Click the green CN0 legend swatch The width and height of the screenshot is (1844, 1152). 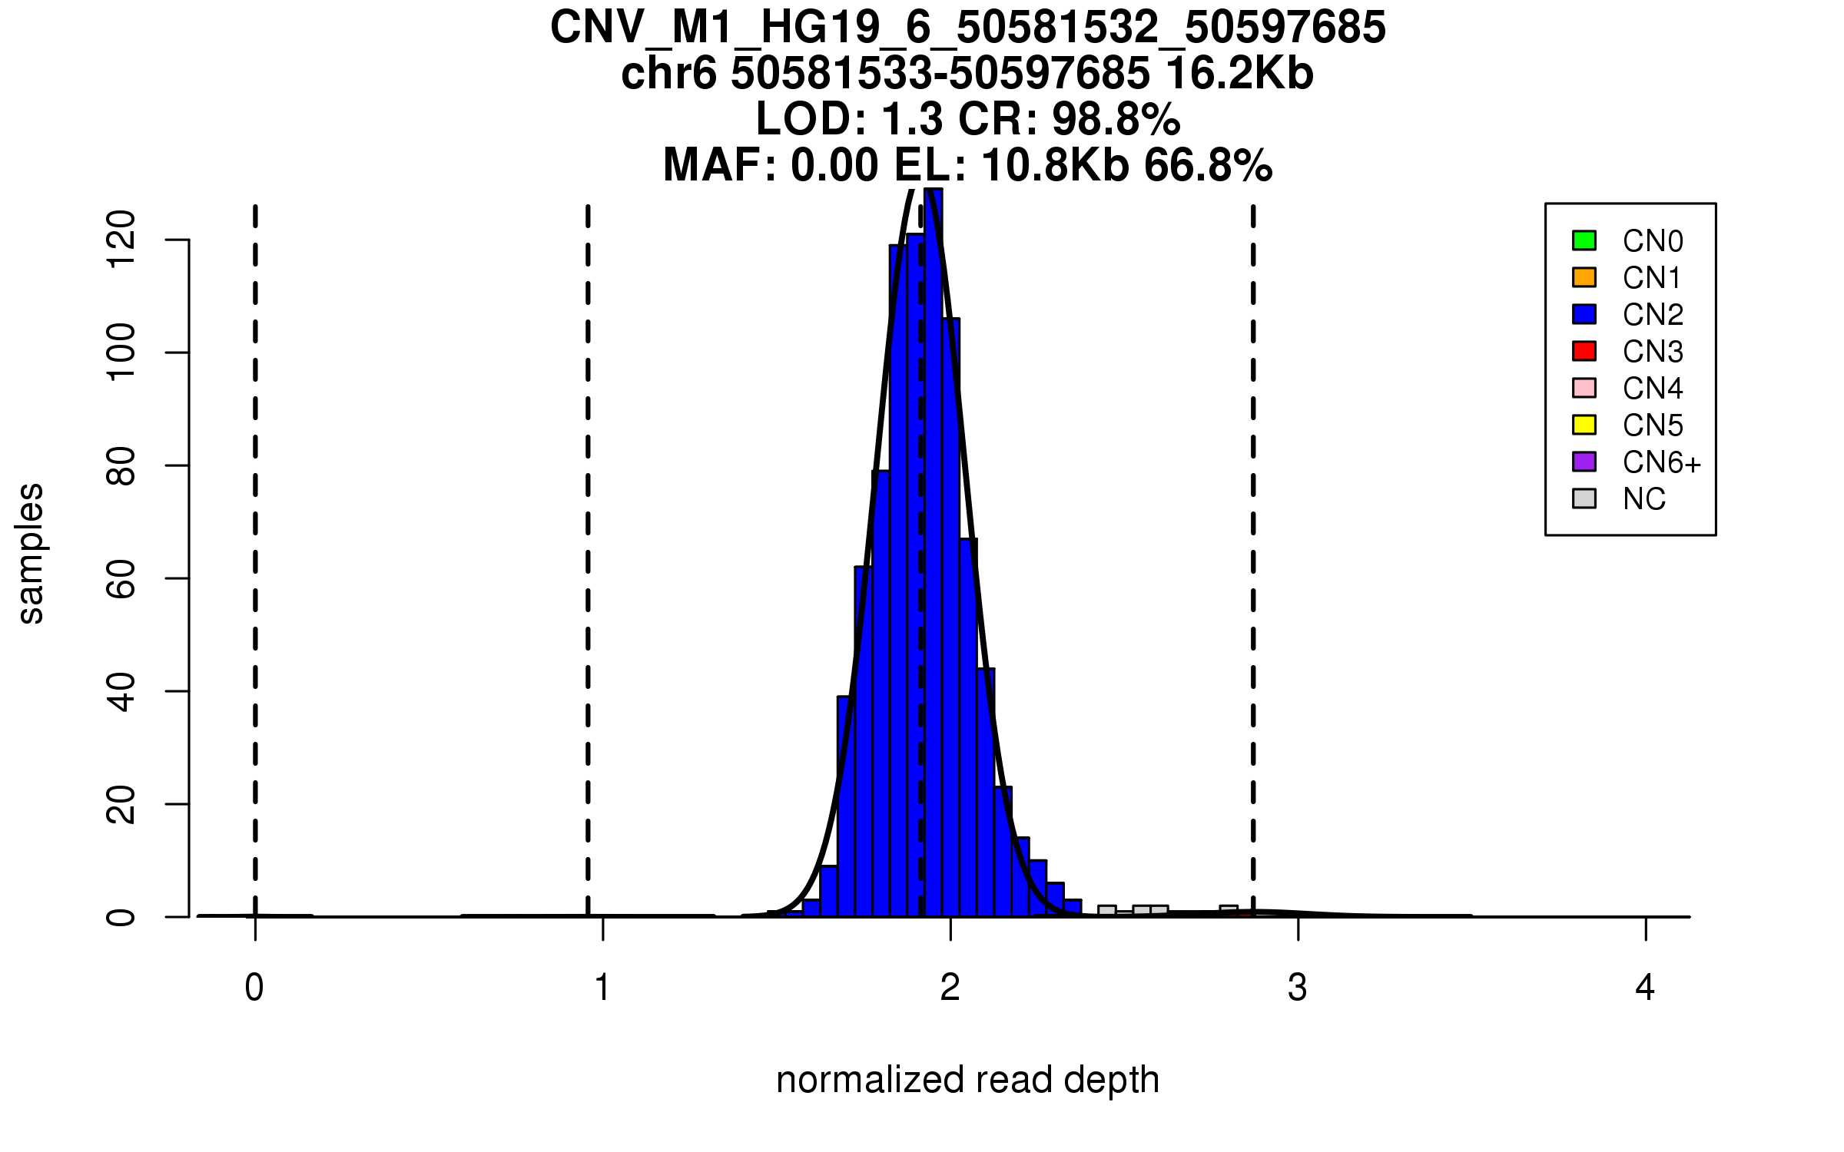click(1584, 240)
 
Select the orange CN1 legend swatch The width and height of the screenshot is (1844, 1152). click(1584, 277)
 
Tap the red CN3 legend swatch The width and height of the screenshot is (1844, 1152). click(1584, 351)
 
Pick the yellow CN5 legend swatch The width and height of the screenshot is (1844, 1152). click(1584, 425)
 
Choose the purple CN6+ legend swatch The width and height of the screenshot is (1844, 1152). click(1584, 462)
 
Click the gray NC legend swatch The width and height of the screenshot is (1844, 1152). click(1584, 498)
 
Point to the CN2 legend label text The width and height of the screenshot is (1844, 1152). click(1653, 315)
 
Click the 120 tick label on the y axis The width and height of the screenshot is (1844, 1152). click(121, 240)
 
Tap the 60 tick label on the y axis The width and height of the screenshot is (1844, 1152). click(121, 578)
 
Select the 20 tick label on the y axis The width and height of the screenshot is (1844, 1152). click(121, 804)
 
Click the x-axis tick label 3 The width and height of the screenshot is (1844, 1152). click(1298, 988)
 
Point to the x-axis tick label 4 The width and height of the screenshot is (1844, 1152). click(1645, 988)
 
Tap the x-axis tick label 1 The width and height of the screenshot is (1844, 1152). click(602, 988)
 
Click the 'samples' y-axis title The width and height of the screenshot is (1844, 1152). click(31, 554)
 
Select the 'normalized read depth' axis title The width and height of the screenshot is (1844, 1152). click(967, 1080)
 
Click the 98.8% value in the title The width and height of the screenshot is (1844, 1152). click(1116, 120)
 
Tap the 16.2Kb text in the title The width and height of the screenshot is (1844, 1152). click(1239, 74)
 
